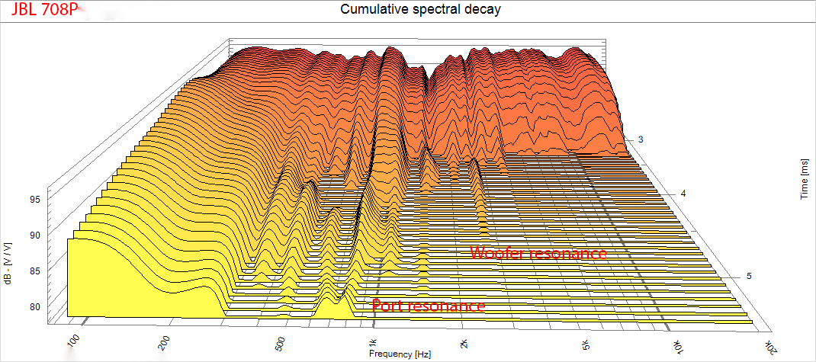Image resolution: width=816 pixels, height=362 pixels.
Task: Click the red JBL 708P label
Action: tap(43, 11)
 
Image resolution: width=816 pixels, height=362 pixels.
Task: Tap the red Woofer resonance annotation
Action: tap(538, 252)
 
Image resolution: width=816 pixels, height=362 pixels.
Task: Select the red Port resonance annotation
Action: tap(429, 306)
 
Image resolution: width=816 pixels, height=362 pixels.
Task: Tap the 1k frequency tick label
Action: tap(371, 342)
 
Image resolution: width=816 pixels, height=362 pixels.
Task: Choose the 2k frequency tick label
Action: tap(461, 344)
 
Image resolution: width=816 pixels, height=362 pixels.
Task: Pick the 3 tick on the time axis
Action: tap(641, 139)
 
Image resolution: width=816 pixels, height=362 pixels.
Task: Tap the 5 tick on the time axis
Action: tap(749, 276)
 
